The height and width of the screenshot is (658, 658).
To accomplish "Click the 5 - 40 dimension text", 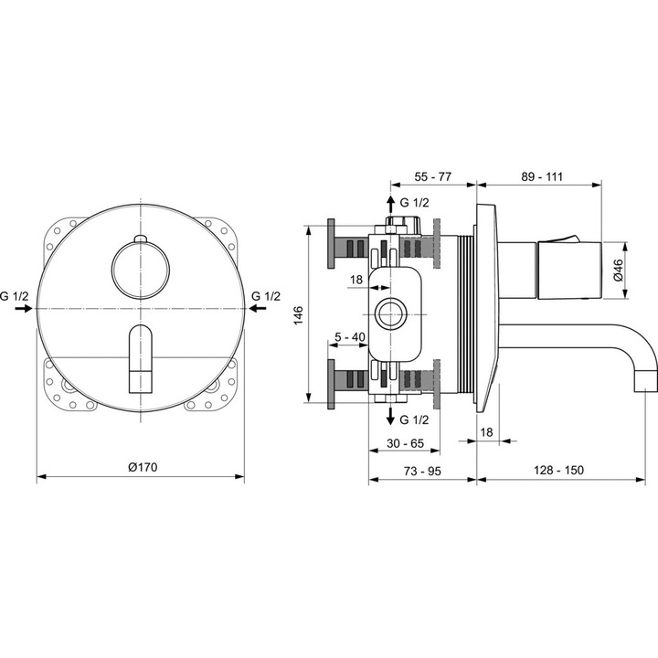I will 349,337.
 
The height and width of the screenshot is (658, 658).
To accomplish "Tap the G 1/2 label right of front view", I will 265,295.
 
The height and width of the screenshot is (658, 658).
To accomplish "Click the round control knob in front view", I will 140,268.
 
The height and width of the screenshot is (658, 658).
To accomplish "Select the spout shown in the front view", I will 140,356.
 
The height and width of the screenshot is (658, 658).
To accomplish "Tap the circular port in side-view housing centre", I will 395,313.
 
